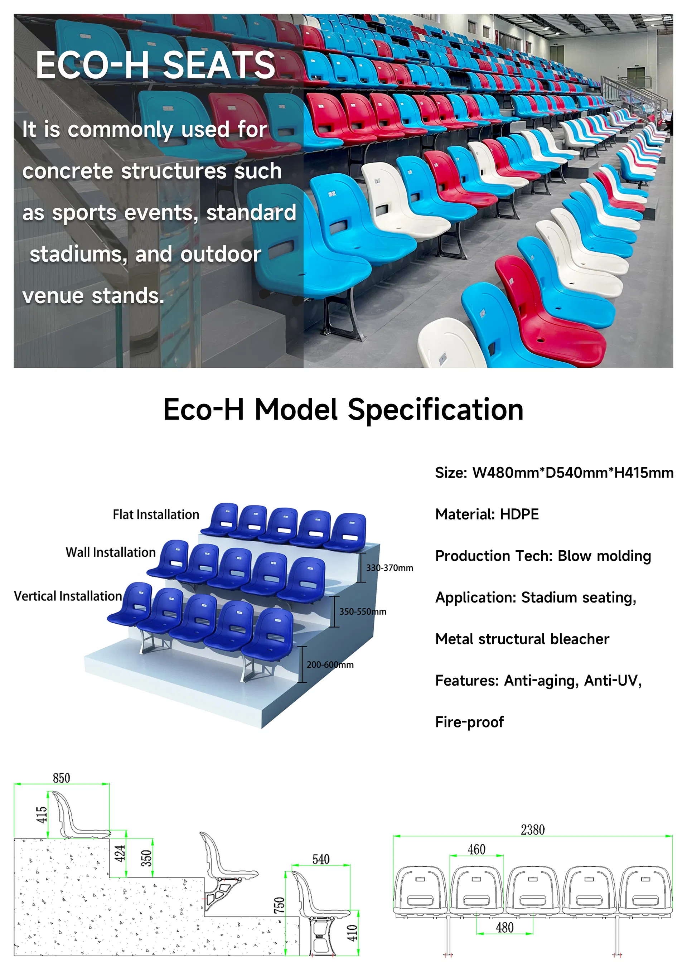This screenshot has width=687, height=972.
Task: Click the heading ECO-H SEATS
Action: [155, 65]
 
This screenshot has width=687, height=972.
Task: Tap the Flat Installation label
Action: [156, 514]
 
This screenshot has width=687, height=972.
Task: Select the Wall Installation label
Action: [111, 552]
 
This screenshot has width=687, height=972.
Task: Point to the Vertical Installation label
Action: [68, 596]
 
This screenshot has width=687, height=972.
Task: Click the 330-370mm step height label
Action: [390, 568]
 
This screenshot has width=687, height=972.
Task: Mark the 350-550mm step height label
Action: [363, 611]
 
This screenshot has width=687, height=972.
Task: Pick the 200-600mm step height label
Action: [330, 665]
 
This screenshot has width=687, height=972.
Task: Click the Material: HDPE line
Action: [487, 514]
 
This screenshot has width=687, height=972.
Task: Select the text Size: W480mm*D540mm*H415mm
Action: [554, 473]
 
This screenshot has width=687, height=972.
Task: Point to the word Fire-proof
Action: [469, 722]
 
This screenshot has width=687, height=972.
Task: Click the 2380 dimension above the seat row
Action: [532, 830]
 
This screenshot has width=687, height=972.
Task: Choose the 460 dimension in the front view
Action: [476, 849]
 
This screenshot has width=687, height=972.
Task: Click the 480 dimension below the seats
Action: [504, 928]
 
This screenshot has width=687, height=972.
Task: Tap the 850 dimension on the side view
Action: [61, 778]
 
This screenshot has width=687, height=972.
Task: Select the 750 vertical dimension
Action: [279, 905]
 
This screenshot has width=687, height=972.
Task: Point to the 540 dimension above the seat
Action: [321, 859]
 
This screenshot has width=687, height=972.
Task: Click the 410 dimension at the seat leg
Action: [352, 933]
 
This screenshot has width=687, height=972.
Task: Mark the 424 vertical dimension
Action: [120, 853]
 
